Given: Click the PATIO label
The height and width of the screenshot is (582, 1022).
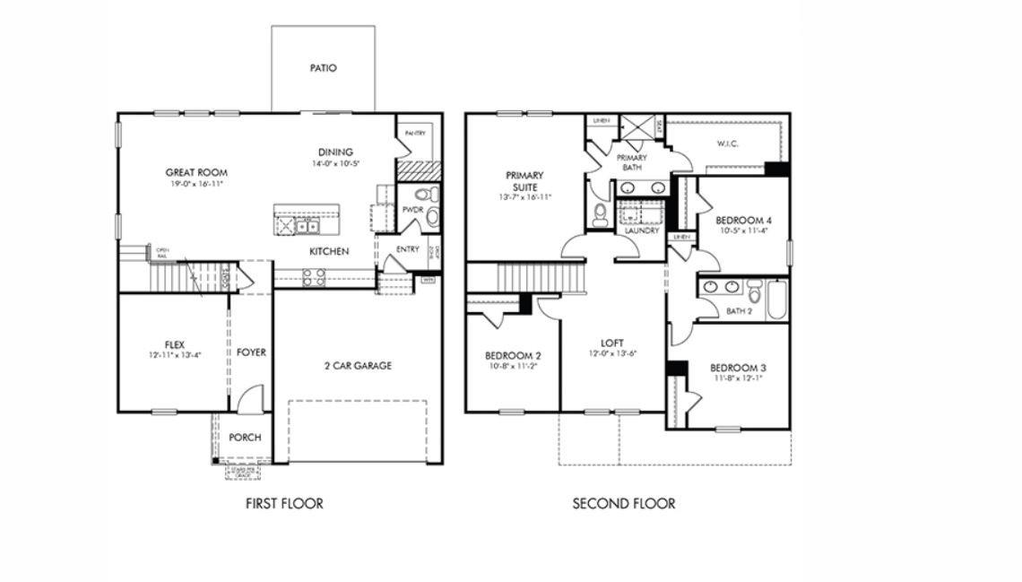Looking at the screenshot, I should pyautogui.click(x=323, y=68).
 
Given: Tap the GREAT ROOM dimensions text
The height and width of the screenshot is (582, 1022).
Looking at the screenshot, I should pyautogui.click(x=195, y=184).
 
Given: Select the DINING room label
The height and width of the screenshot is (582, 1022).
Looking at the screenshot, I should pyautogui.click(x=334, y=152).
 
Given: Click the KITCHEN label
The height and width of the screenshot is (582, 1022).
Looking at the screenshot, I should pyautogui.click(x=329, y=252).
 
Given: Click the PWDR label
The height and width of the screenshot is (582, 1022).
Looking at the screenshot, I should pyautogui.click(x=412, y=210).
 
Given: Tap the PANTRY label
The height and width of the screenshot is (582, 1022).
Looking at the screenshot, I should pyautogui.click(x=414, y=133).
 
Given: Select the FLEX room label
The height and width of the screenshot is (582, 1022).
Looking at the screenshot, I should pyautogui.click(x=175, y=344).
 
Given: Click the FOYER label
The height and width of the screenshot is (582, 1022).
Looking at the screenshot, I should pyautogui.click(x=251, y=353).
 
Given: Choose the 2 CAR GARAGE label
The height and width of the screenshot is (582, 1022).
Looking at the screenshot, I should pyautogui.click(x=358, y=366).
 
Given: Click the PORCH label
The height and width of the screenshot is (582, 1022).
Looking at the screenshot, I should pyautogui.click(x=245, y=438).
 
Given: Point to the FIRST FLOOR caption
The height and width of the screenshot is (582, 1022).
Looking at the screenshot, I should pyautogui.click(x=284, y=504).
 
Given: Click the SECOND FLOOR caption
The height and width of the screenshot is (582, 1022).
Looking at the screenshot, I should pyautogui.click(x=624, y=504).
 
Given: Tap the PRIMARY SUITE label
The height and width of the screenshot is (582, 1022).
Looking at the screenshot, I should pyautogui.click(x=524, y=181).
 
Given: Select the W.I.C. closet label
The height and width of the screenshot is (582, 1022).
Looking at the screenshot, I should pyautogui.click(x=727, y=143).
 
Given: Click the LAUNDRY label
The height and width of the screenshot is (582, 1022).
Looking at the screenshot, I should pyautogui.click(x=642, y=230).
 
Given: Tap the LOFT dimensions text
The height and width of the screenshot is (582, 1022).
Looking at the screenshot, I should pyautogui.click(x=612, y=353).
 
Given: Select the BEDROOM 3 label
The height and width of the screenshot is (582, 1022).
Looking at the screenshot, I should pyautogui.click(x=738, y=368).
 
